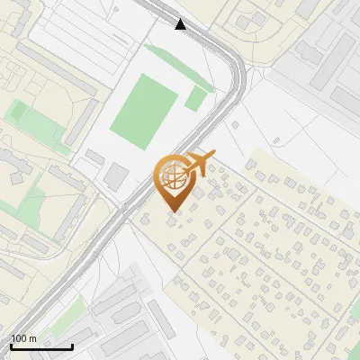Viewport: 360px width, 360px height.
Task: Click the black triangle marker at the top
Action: (181, 23)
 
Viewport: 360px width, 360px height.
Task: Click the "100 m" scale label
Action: (23, 338)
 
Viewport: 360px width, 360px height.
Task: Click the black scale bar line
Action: (41, 346)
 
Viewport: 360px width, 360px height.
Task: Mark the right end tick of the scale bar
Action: (72, 346)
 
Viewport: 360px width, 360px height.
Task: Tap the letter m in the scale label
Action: (32, 338)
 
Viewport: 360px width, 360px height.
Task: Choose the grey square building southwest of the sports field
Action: (115, 176)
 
